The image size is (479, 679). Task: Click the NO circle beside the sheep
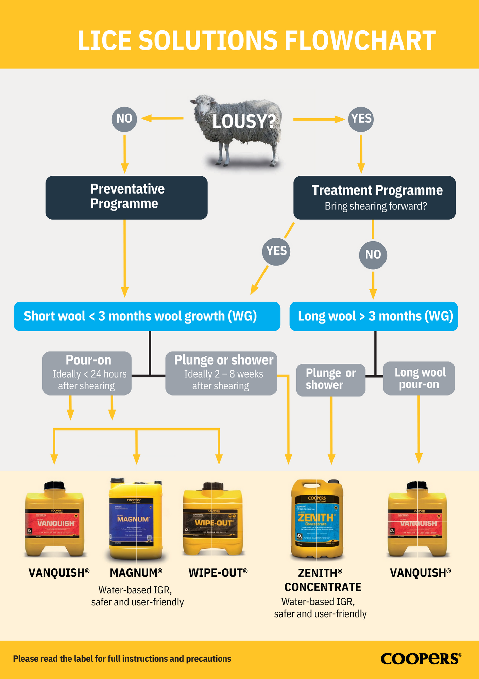[x=124, y=119]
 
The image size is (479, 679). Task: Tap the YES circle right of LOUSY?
[x=361, y=119]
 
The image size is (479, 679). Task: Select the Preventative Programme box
[x=126, y=197]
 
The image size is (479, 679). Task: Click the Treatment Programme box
[x=374, y=197]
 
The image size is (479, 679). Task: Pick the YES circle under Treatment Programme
[x=276, y=252]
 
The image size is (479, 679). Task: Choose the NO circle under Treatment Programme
[x=373, y=255]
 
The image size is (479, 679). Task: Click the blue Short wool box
[x=147, y=316]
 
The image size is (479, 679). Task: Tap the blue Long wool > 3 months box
[x=374, y=316]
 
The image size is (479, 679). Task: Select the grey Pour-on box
[x=87, y=373]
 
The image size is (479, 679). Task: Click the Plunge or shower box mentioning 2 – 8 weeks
[x=221, y=373]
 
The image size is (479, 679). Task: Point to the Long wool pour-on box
[x=419, y=378]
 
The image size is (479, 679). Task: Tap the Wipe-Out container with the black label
[x=213, y=519]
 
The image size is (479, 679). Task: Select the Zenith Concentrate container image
[x=317, y=519]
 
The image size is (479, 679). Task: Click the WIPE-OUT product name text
[x=218, y=573]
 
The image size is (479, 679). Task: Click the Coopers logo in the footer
[x=421, y=659]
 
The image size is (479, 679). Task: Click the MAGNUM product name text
[x=136, y=573]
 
